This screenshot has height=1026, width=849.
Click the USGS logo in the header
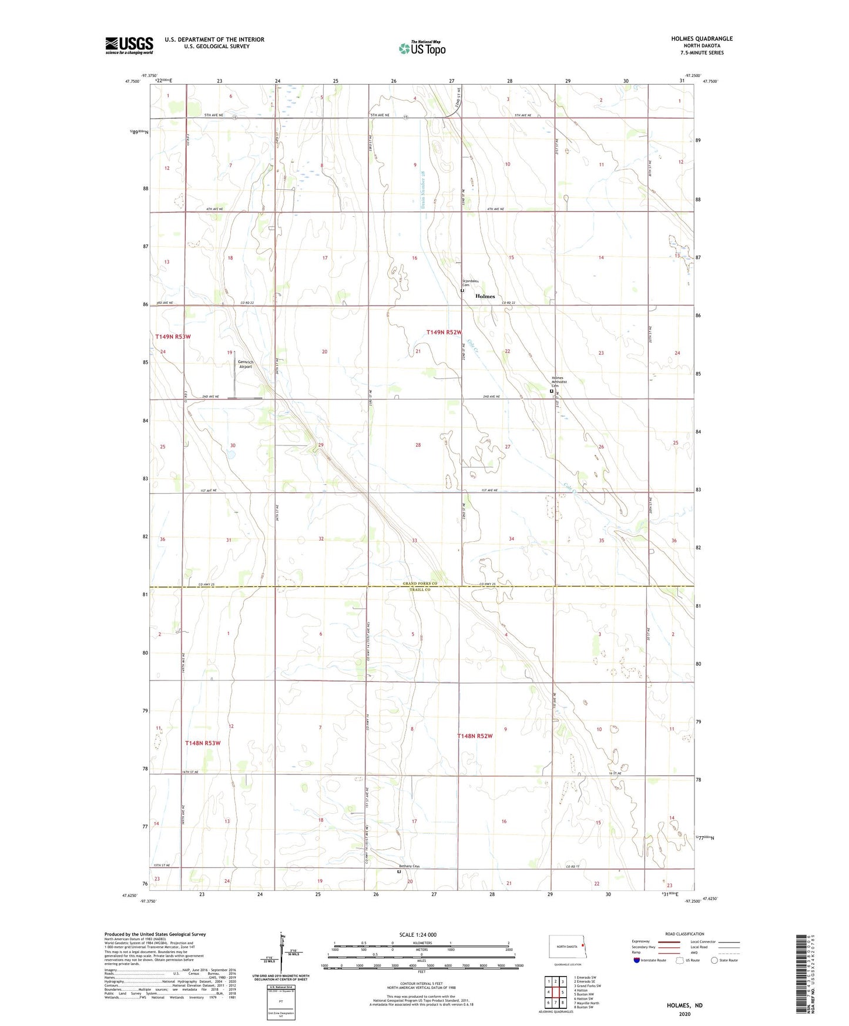tap(129, 45)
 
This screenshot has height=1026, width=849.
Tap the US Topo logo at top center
tap(421, 48)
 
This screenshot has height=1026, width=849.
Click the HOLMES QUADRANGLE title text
tap(702, 39)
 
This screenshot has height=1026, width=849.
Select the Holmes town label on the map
tap(485, 296)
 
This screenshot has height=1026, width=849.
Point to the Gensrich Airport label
tap(245, 364)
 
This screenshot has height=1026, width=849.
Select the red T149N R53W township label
tap(173, 337)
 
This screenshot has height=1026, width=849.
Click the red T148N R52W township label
tap(475, 736)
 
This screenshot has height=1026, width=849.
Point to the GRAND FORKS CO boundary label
tap(420, 584)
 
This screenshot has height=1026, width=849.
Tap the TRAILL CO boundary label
tap(420, 589)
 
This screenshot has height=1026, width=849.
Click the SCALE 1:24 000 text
tap(417, 935)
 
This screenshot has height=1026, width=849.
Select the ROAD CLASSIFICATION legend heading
tap(684, 934)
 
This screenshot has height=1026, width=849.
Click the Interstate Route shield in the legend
tap(637, 960)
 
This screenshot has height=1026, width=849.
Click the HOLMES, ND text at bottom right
tap(684, 1005)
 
